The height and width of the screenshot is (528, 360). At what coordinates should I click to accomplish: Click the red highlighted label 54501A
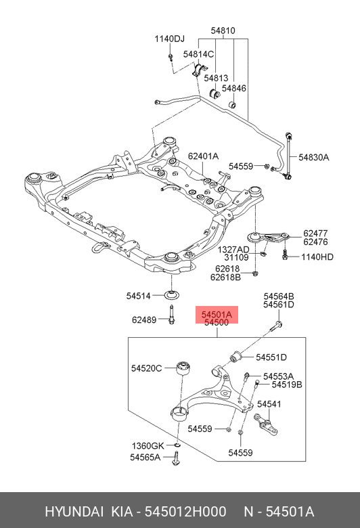[x=216, y=314]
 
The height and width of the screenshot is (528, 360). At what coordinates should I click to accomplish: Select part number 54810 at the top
[x=223, y=30]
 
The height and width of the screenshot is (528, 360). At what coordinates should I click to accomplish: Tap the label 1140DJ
[x=169, y=39]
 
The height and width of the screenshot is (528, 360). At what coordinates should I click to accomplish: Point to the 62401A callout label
[x=204, y=156]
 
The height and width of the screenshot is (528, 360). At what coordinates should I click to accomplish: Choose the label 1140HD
[x=317, y=257]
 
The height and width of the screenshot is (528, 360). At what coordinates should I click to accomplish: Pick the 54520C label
[x=146, y=368]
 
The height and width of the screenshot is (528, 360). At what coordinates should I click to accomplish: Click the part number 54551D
[x=271, y=357]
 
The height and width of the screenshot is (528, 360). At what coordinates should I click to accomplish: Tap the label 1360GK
[x=147, y=445]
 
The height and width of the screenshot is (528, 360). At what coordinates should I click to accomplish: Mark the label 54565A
[x=145, y=458]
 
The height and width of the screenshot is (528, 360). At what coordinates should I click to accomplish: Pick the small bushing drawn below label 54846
[x=232, y=105]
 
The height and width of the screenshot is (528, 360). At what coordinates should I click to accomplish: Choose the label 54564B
[x=279, y=296]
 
